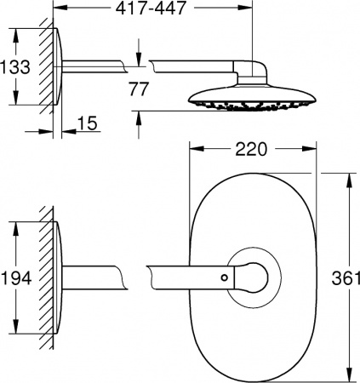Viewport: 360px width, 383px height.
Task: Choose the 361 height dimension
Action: pyautogui.click(x=344, y=277)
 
